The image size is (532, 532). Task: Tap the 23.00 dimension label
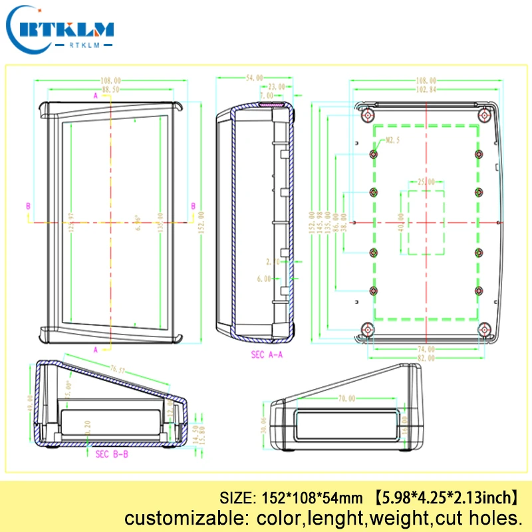[x=275, y=87]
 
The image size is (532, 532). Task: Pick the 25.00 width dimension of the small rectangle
[x=426, y=182]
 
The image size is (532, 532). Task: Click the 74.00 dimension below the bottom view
[x=426, y=348]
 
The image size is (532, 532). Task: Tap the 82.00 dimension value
[x=426, y=357]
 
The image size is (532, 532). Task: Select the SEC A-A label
[x=267, y=354]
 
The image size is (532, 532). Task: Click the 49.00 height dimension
[x=31, y=403]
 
